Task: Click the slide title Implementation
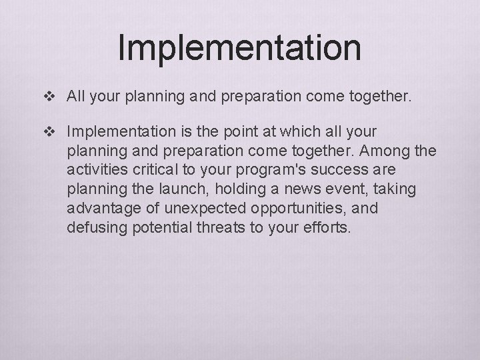[x=239, y=47]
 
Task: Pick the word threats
[x=217, y=227]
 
